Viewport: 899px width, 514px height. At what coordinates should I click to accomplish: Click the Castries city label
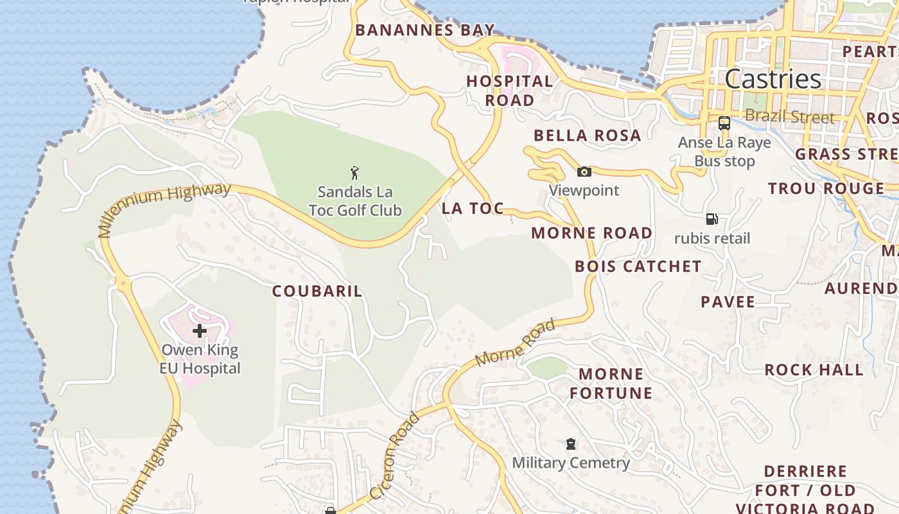coord(772,79)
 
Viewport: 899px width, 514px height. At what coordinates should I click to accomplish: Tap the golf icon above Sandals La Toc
coord(354,173)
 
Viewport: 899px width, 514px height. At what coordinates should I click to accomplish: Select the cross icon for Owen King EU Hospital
coord(200,331)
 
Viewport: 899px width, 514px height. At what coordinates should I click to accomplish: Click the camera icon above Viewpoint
coord(584,172)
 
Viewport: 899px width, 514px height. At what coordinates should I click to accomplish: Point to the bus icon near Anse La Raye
coord(724,123)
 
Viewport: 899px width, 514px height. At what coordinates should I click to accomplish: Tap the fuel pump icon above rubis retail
coord(711,219)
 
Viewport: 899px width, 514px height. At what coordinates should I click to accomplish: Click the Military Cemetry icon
coord(570,444)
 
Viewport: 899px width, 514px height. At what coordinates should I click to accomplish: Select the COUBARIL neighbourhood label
coord(317,291)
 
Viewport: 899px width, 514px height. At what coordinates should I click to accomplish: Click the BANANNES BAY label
coord(425,30)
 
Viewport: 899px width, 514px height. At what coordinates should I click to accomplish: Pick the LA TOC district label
coord(473,208)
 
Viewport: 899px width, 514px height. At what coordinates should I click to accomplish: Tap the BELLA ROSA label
coord(587,136)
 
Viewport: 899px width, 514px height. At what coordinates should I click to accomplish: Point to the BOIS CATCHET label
coord(638,267)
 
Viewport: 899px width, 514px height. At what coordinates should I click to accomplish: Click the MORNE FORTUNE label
coord(611,384)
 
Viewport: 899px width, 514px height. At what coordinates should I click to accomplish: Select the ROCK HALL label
coord(814,370)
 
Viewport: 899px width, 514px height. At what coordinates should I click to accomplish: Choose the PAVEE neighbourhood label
coord(728,302)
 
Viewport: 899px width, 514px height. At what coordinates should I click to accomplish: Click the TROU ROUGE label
coord(826,188)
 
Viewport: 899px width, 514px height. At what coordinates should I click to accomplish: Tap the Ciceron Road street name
coord(395,456)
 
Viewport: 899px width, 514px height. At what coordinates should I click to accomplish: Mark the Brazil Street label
coord(789,117)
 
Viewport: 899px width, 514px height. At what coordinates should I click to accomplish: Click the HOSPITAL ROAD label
coord(509,91)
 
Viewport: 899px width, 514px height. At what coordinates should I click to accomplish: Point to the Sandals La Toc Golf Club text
coord(354,201)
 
